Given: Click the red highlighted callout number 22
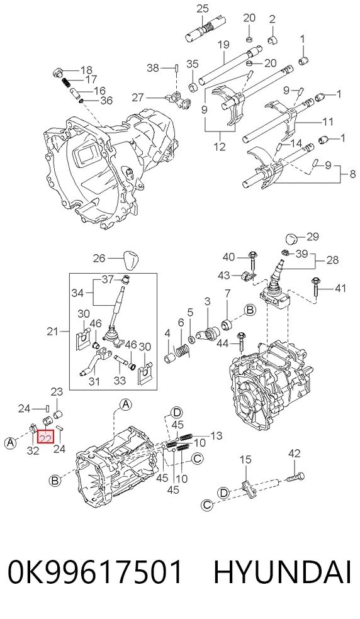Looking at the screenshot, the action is (45, 437).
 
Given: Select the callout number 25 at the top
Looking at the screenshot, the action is (202, 9).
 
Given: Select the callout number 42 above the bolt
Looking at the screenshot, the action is (295, 454).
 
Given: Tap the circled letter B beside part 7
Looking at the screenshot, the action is (250, 310).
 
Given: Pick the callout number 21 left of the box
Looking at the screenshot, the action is (53, 332).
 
